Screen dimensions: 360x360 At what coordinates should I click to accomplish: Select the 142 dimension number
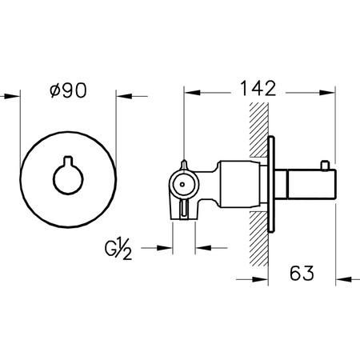click(x=257, y=88)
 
